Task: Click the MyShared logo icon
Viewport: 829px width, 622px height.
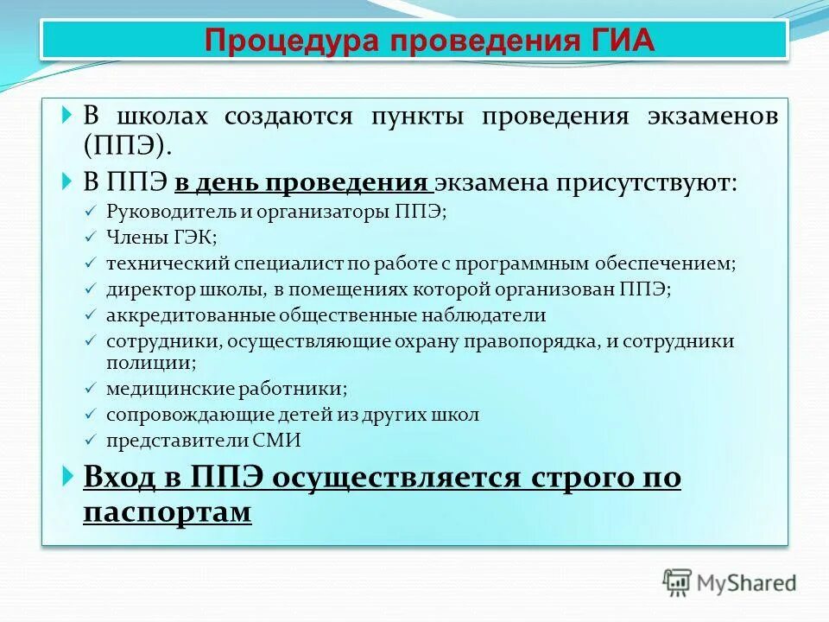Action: [678, 582]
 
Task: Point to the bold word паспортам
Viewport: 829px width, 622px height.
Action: [168, 511]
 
